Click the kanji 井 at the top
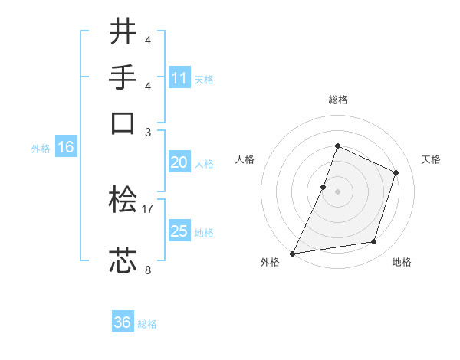coord(123,32)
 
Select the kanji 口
coord(123,123)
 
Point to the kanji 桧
coord(123,201)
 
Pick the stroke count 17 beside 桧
coord(148,208)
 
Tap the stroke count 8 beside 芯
coord(148,270)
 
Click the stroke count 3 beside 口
coord(148,132)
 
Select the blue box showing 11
coord(179,78)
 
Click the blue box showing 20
coord(179,162)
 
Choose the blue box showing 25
coord(179,231)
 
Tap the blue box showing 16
coord(66,148)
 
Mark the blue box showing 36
coord(123,322)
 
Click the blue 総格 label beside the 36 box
coord(147,324)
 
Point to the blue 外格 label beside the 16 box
coord(41,149)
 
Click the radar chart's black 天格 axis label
coord(431,159)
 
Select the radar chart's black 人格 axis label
coord(245,159)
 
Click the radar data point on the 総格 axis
coord(337,146)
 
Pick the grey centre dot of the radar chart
coord(337,191)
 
